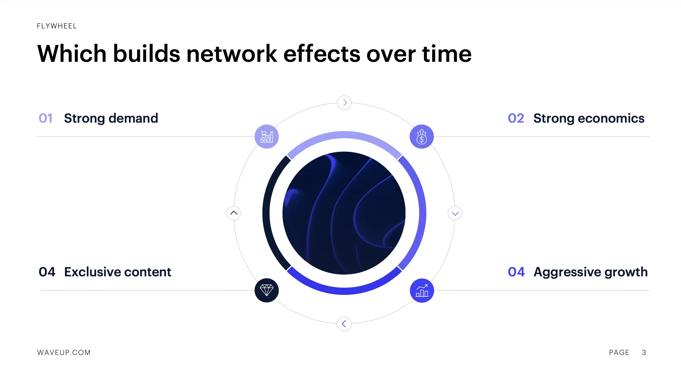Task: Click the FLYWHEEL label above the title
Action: point(57,26)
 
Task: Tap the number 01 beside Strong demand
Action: point(45,118)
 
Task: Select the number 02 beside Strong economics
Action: point(516,118)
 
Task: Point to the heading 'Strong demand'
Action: point(111,118)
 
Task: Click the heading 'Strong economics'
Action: point(589,118)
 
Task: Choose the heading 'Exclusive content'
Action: point(118,272)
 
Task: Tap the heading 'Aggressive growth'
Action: point(591,272)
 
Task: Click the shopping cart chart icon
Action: point(266,137)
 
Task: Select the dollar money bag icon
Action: point(422,137)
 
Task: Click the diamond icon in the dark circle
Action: point(266,291)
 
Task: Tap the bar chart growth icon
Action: point(422,291)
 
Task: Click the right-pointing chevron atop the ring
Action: point(344,102)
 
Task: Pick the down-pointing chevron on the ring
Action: point(455,213)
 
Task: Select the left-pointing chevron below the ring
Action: point(344,324)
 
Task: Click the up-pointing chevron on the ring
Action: point(234,213)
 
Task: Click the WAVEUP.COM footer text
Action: point(64,353)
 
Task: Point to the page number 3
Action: point(644,353)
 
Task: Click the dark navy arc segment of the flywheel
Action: point(266,213)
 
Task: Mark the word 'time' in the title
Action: point(447,54)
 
